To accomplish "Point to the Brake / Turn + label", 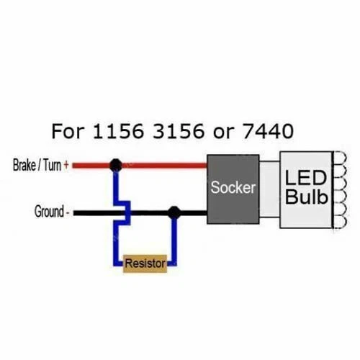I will click(41, 166).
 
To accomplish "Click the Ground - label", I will click(53, 212).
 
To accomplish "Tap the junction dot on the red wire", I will click(114, 166).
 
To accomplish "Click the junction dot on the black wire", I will click(174, 212).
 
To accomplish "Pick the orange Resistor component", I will click(145, 264).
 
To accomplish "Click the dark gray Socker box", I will click(233, 189).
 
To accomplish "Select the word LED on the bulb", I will click(305, 178).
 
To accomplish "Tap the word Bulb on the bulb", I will click(305, 197).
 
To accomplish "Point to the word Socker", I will click(233, 188).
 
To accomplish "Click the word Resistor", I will click(145, 264).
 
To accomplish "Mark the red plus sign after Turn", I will click(67, 166).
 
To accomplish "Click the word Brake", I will click(26, 166).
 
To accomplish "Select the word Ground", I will click(49, 212).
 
